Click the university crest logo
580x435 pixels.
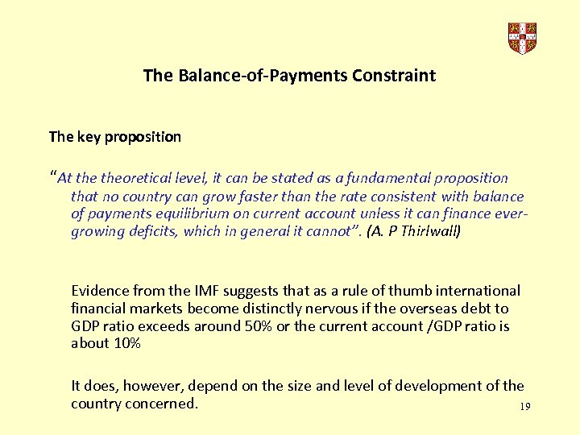click(x=522, y=37)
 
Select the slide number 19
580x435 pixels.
click(x=525, y=407)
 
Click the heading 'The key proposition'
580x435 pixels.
click(x=115, y=136)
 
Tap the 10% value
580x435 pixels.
click(x=124, y=344)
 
